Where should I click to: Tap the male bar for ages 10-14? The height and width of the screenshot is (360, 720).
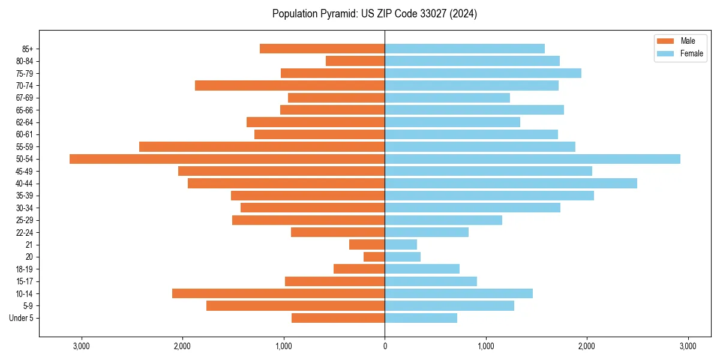[x=278, y=293]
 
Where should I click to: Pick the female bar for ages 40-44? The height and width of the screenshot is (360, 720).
[x=511, y=184]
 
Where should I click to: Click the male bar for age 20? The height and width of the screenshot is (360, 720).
[x=374, y=257]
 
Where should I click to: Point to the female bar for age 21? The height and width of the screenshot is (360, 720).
[x=401, y=245]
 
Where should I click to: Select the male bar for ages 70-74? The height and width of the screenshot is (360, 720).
[x=290, y=86]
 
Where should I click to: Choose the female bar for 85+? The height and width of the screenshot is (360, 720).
[x=464, y=49]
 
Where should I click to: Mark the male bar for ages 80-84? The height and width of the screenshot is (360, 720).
[x=355, y=61]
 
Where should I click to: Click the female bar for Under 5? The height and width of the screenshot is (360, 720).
[x=421, y=318]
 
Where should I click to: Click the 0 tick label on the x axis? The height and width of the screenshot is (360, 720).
[x=385, y=346]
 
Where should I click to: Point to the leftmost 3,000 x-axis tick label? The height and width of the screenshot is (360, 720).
[x=81, y=346]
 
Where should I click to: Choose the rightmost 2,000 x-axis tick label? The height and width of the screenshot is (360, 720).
[x=587, y=346]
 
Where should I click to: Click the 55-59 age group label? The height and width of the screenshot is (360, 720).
[x=25, y=147]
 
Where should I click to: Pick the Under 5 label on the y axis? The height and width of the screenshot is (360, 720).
[x=22, y=318]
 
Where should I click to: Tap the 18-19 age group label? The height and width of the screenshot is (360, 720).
[x=25, y=269]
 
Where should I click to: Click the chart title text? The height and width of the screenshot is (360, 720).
[x=374, y=14]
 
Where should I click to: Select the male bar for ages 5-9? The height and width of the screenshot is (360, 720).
[x=295, y=306]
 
